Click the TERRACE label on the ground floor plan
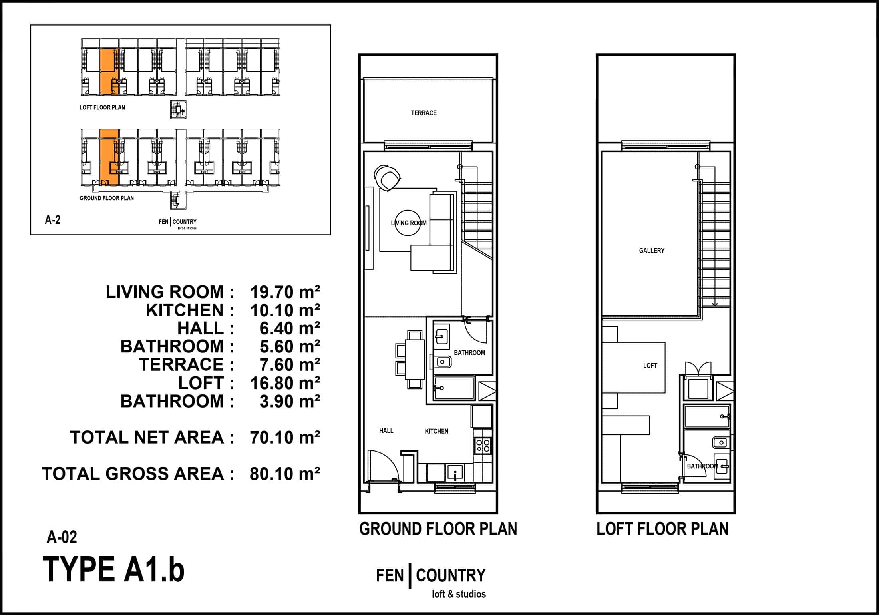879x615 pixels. (424, 113)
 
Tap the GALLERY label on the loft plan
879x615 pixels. (652, 251)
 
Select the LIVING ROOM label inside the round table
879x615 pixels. (409, 223)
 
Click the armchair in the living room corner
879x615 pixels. (387, 177)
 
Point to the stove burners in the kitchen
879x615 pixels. (483, 445)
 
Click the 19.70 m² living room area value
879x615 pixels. (285, 292)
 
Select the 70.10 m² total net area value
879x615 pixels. (285, 438)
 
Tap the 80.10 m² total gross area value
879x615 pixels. (285, 474)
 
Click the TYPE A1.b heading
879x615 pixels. (114, 569)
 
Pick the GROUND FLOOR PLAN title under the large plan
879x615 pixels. (438, 529)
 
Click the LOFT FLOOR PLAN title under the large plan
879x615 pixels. (662, 529)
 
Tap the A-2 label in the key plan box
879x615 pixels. (53, 220)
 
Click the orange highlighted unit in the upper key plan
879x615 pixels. (109, 72)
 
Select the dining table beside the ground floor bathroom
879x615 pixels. (415, 359)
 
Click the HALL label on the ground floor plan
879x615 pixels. (386, 431)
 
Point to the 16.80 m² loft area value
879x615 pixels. (285, 383)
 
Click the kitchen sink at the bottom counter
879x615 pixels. (455, 473)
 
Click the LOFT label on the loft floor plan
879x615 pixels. (650, 366)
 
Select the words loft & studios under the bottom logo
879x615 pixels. (459, 594)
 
